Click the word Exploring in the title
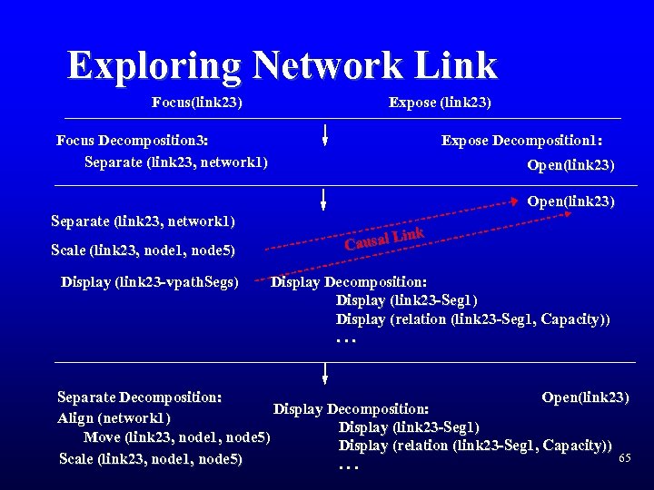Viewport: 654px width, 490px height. click(x=154, y=65)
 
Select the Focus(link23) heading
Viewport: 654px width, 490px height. click(x=196, y=103)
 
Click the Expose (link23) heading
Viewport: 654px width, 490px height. click(x=440, y=103)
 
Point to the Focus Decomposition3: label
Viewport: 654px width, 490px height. click(x=132, y=141)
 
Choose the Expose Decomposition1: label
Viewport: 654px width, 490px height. click(x=521, y=141)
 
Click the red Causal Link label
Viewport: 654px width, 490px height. click(x=384, y=239)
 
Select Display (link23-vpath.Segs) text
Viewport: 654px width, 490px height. click(x=150, y=281)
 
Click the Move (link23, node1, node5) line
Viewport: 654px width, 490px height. click(x=177, y=438)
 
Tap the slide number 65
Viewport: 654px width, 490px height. click(x=624, y=457)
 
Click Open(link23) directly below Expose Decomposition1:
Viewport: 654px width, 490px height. click(x=570, y=165)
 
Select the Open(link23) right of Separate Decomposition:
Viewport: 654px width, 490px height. click(x=584, y=397)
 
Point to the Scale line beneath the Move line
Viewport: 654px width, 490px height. click(x=150, y=459)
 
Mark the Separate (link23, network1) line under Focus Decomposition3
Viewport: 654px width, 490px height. click(x=175, y=162)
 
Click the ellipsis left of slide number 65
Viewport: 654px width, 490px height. click(x=348, y=466)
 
